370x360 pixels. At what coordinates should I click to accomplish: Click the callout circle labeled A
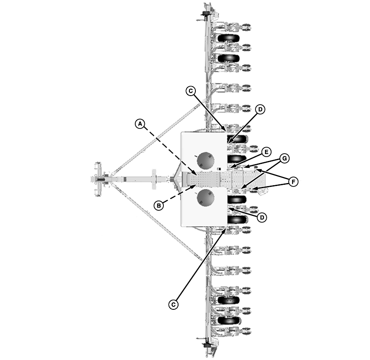click(x=139, y=124)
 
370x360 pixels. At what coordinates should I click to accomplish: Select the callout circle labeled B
click(x=159, y=206)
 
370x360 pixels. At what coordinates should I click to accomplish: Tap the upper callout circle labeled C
click(x=191, y=91)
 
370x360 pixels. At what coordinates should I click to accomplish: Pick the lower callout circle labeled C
click(x=173, y=304)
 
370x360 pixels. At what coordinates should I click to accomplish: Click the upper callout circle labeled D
click(x=259, y=110)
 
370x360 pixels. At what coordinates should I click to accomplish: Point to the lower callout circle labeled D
click(x=261, y=217)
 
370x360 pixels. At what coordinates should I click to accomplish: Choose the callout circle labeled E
click(x=266, y=152)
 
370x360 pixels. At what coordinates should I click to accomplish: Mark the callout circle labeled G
click(x=284, y=158)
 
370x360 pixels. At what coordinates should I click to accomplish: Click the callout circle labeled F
click(x=293, y=182)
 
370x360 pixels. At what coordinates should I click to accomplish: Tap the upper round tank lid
click(x=206, y=161)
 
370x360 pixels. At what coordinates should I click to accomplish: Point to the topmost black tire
click(x=228, y=39)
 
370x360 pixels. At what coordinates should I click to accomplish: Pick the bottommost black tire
click(x=229, y=321)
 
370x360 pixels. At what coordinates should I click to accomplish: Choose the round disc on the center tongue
click(x=154, y=179)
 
